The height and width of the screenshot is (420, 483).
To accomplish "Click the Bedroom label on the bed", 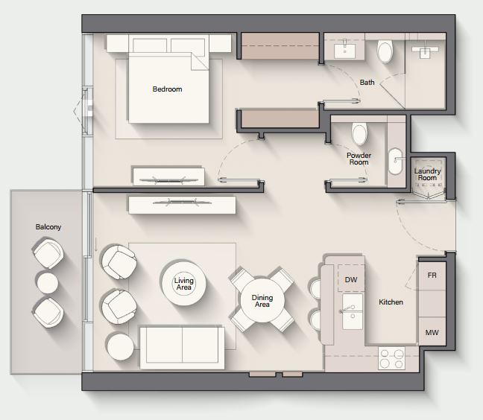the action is (x=167, y=89).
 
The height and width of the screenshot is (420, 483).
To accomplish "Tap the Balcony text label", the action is (x=48, y=227).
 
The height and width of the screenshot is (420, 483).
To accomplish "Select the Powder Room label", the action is (x=359, y=159).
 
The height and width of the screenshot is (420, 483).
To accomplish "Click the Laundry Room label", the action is (x=427, y=174).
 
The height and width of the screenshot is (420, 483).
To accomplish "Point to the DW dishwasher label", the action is (x=351, y=280).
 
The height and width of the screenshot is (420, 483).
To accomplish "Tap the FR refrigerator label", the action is (x=432, y=276).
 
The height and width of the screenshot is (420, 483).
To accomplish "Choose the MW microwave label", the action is (x=432, y=333).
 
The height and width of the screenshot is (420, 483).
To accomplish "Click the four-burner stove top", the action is (x=391, y=358).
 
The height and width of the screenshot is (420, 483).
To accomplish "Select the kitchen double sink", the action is (x=353, y=311).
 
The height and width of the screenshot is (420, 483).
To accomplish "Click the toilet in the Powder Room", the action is (x=359, y=134).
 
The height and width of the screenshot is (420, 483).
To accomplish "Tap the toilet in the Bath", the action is (x=385, y=51).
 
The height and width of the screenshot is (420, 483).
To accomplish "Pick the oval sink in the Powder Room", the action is (x=395, y=162).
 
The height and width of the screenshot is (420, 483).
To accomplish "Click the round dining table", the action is (x=262, y=301).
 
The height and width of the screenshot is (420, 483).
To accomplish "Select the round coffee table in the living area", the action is (x=184, y=284).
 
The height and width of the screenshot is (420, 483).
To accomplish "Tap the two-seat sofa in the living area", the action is (x=183, y=348).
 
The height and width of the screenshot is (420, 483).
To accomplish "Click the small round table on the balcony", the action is (x=48, y=283).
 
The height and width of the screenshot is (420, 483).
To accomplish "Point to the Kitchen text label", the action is (x=391, y=302).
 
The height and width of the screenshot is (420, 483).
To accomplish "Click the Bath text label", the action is (x=367, y=83).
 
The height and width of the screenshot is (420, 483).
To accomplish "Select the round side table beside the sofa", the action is (x=121, y=347).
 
